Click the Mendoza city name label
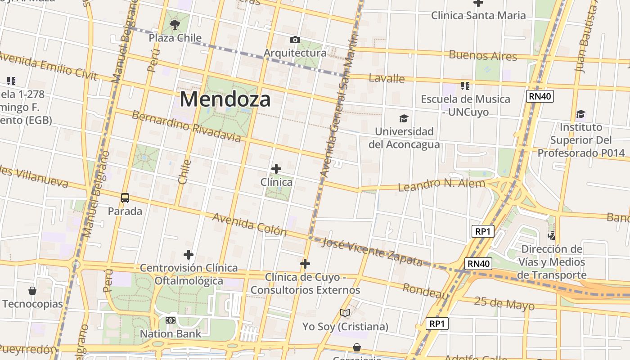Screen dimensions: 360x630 click(225, 99)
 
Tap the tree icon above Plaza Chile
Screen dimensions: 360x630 click(175, 24)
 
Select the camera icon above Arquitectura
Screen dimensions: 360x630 click(295, 40)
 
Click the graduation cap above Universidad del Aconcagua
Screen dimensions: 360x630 click(404, 119)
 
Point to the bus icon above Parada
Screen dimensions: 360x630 click(125, 198)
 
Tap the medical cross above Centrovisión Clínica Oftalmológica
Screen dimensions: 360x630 click(189, 255)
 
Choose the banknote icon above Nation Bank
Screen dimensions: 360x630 click(170, 320)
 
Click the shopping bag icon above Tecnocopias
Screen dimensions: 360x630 click(32, 291)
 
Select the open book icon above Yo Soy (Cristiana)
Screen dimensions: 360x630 click(345, 313)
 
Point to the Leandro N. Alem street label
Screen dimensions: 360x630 click(441, 184)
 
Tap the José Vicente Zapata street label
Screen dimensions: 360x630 click(373, 252)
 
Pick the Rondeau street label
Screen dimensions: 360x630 click(426, 291)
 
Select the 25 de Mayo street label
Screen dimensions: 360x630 click(504, 304)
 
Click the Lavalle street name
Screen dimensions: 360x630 click(387, 78)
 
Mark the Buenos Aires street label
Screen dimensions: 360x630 click(483, 56)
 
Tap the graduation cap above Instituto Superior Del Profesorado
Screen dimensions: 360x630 click(581, 114)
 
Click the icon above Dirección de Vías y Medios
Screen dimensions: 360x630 click(551, 235)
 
